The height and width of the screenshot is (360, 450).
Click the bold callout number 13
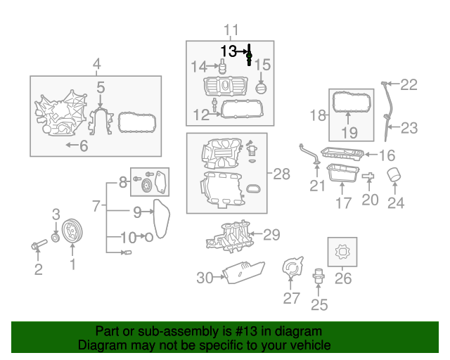pos(229,51)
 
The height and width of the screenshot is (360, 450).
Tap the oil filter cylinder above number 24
pos(394,175)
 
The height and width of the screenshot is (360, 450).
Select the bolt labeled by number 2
pos(39,245)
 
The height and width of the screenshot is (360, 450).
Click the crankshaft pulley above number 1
pos(72,231)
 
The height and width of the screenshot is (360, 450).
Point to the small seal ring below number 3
pos(56,238)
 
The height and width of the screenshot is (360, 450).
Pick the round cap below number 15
pos(261,88)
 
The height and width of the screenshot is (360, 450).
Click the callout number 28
pos(281,174)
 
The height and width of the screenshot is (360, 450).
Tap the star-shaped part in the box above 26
pos(342,252)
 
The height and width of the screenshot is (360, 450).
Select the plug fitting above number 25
pos(319,276)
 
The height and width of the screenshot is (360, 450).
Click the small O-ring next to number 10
pos(148,238)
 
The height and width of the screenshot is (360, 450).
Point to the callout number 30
pos(205,278)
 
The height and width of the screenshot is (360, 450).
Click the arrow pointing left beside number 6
pos(72,145)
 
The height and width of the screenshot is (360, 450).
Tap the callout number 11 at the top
pos(231,30)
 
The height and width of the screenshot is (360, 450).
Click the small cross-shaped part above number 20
pos(368,176)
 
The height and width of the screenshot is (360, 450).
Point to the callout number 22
pos(409,84)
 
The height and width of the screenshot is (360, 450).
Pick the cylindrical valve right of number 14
pos(222,66)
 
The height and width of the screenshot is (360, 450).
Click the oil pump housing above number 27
pos(292,267)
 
